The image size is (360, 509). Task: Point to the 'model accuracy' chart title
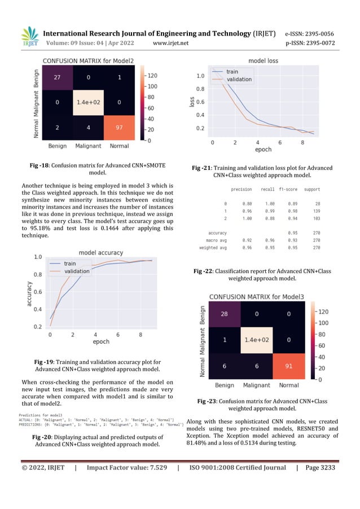tap(101, 252)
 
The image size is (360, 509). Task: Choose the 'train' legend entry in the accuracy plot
tap(70, 264)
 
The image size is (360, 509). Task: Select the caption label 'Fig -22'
tap(203, 271)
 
